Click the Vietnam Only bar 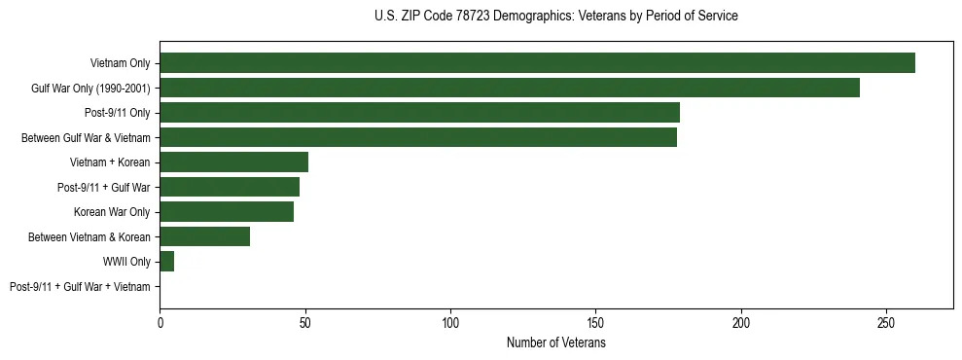(x=537, y=63)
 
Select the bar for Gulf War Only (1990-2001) (x=510, y=89)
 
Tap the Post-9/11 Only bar (x=419, y=113)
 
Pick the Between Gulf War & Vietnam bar (x=418, y=138)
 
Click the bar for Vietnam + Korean (x=233, y=162)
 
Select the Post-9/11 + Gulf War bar (x=230, y=187)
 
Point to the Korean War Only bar (x=227, y=212)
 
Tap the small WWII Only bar (x=166, y=262)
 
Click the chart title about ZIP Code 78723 (x=555, y=17)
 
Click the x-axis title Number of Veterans (x=555, y=343)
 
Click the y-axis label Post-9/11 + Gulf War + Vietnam (x=80, y=287)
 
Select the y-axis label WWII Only (x=125, y=262)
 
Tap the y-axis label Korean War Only (x=112, y=212)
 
